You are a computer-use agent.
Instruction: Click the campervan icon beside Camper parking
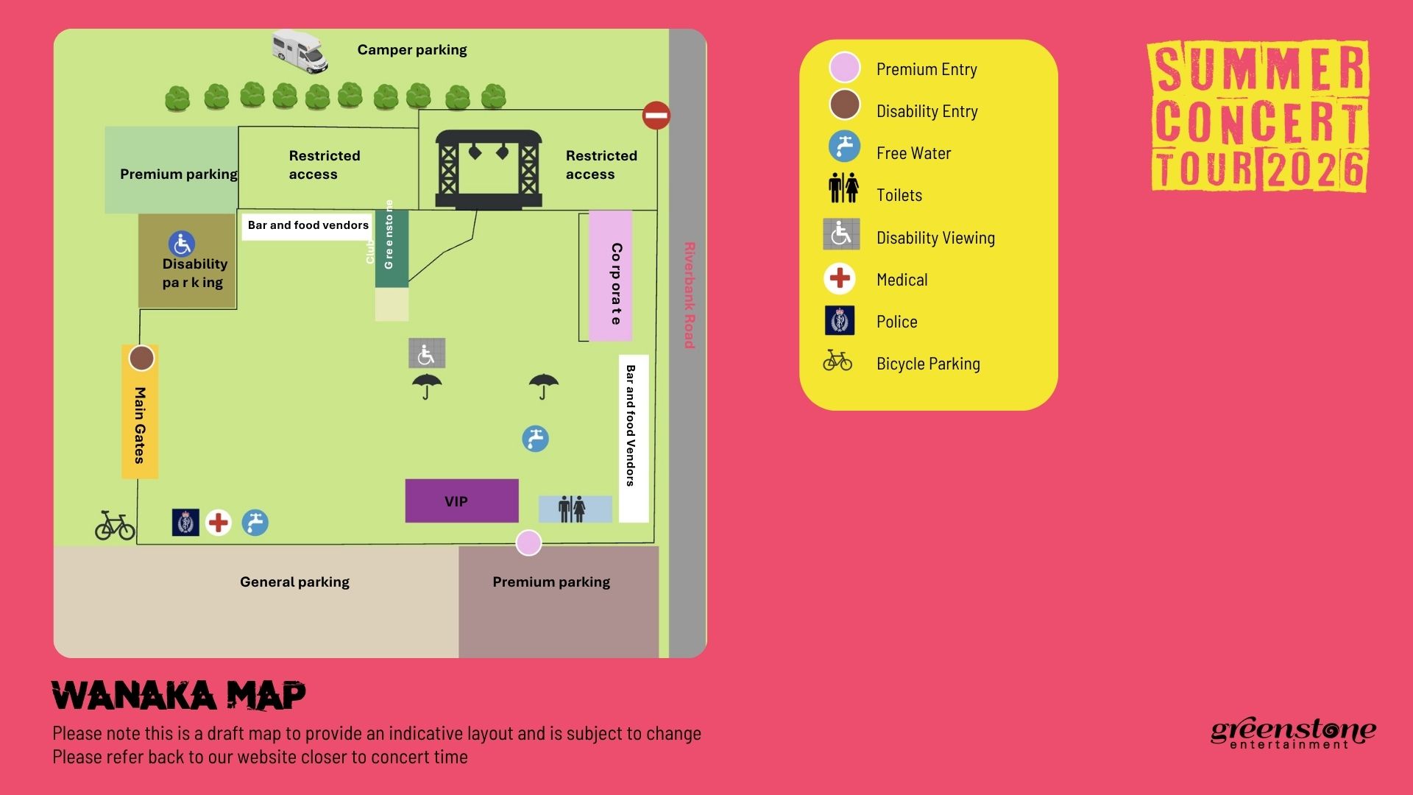[x=300, y=51]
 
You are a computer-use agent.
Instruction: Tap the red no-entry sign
[x=656, y=116]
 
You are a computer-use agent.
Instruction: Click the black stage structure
[x=489, y=169]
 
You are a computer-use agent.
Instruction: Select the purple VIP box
[x=461, y=501]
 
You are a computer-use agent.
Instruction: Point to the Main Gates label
[x=140, y=425]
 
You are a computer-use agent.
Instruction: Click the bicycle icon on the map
[x=115, y=526]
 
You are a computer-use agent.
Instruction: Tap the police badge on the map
[x=185, y=523]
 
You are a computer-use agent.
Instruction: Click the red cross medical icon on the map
[x=218, y=523]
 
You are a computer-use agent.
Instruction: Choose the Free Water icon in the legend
[x=844, y=146]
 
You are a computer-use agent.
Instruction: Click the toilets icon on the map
[x=572, y=509]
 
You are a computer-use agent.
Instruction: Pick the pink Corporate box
[x=611, y=277]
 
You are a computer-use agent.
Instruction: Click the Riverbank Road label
[x=689, y=294]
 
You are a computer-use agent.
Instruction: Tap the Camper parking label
[x=412, y=50]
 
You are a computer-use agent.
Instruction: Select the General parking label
[x=294, y=582]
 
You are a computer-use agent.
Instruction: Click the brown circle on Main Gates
[x=141, y=358]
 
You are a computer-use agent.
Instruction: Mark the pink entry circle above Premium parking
[x=528, y=543]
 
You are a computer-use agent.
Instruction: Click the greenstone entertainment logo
[x=1293, y=733]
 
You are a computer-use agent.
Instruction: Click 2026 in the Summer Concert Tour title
[x=1315, y=169]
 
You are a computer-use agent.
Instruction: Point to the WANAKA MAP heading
[x=179, y=695]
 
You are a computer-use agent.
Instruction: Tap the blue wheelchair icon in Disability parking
[x=181, y=244]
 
